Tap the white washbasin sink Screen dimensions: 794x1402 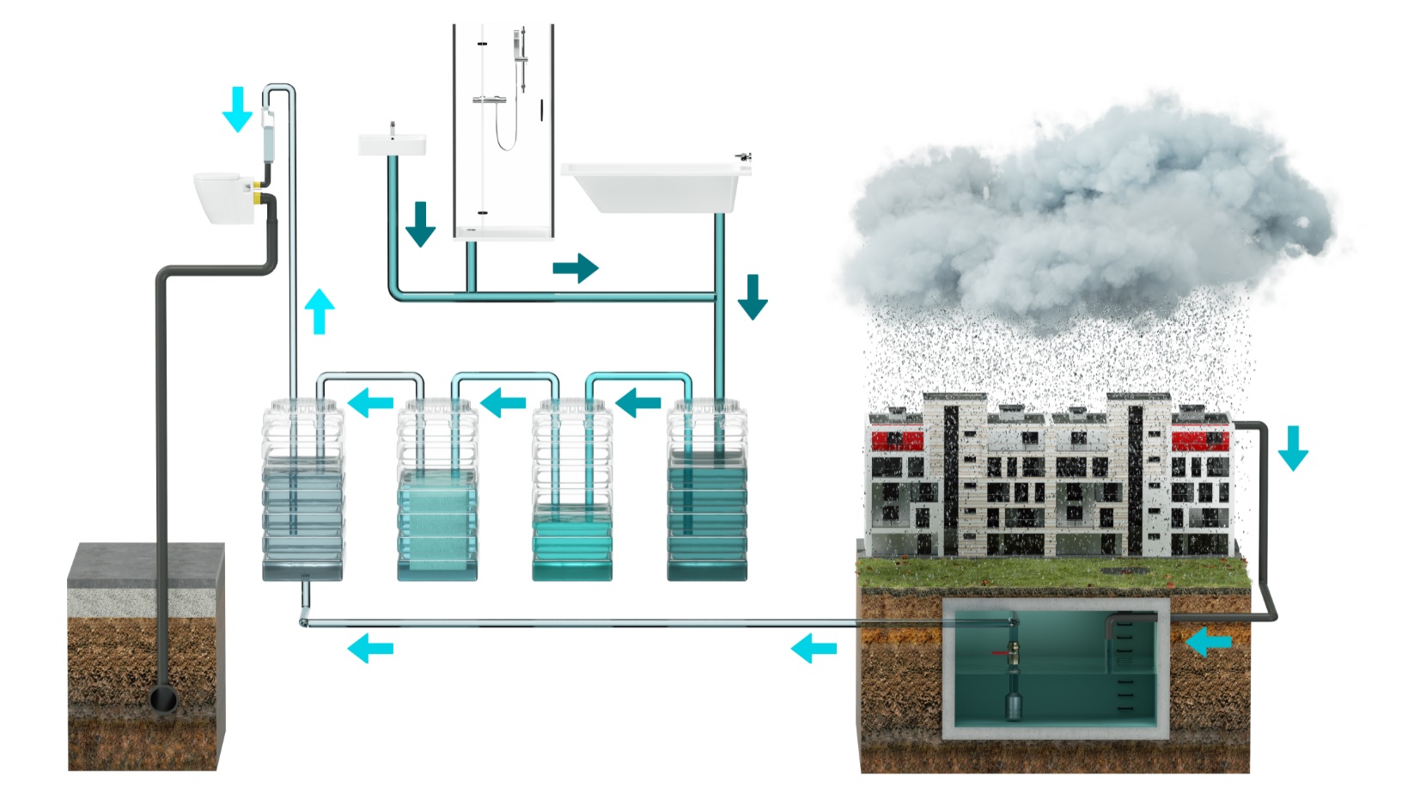coord(392,144)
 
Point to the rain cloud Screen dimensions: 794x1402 coord(1091,215)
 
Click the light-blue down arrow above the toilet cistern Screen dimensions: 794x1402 coord(237,109)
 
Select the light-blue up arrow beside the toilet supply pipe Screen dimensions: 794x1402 coord(320,311)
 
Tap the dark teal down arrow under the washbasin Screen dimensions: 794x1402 coord(420,224)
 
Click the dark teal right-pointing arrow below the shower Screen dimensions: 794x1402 coord(575,267)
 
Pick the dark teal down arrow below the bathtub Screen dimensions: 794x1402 coord(753,297)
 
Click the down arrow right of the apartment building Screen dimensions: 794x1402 coord(1292,448)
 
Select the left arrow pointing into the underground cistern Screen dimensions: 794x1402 coord(1208,640)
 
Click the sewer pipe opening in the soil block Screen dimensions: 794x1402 coord(163,699)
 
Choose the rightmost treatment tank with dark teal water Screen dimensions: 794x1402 coord(707,490)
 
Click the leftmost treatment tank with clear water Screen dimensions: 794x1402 coord(302,490)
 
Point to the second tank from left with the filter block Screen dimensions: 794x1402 coord(436,490)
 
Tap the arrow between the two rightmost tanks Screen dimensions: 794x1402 coord(638,401)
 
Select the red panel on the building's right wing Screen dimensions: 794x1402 coord(1199,441)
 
